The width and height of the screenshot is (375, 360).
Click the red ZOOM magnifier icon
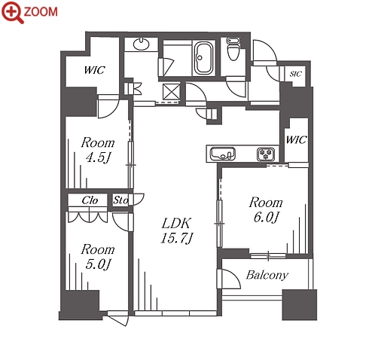pos(12,12)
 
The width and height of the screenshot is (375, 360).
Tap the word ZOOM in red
pos(41,12)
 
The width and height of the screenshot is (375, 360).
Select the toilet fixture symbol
pos(233,49)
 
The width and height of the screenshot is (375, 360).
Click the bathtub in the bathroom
pos(203,58)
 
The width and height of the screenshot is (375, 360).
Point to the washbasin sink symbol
pos(142,44)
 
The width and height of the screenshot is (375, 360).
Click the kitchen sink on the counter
pos(223,154)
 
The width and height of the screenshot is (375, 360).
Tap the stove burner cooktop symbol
pos(266,154)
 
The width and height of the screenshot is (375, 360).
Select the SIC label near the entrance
pos(295,74)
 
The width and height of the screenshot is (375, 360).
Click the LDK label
pos(176,223)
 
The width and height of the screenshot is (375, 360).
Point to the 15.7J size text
pos(177,238)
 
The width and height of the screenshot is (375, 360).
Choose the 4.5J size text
pos(98,158)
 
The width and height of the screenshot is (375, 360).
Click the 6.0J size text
pos(266,218)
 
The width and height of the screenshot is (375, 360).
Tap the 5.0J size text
pos(98,264)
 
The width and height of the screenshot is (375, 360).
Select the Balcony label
pos(267,276)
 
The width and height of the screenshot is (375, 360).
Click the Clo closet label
pos(90,200)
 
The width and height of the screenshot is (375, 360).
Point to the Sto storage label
pos(120,200)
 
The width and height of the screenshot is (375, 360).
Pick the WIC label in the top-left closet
pos(94,70)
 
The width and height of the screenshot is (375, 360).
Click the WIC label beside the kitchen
pos(296,139)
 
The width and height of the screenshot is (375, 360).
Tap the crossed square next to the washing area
pos(171,92)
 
